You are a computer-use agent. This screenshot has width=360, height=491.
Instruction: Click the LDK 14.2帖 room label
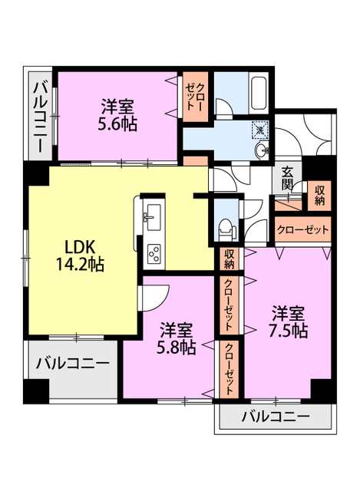(x=80, y=255)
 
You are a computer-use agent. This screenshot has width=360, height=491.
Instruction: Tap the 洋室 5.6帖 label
(x=117, y=115)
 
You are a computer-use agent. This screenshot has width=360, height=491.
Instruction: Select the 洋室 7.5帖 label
(x=289, y=321)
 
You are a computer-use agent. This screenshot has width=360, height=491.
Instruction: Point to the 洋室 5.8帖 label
(x=177, y=338)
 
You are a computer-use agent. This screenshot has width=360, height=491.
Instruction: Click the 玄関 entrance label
(x=286, y=179)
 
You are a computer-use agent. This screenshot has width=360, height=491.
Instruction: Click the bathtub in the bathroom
(x=259, y=93)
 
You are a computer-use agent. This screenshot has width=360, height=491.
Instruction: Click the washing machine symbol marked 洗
(x=260, y=128)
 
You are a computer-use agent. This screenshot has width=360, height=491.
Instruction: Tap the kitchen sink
(x=153, y=213)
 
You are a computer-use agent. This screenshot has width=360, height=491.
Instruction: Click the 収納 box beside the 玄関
(x=319, y=196)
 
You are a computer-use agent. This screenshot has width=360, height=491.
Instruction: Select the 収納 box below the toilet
(x=229, y=259)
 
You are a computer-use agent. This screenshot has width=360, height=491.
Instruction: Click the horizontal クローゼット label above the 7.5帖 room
(x=302, y=230)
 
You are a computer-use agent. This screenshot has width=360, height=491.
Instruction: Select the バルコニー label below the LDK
(x=73, y=363)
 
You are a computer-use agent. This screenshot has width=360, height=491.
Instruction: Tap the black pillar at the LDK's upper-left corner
(x=37, y=174)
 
